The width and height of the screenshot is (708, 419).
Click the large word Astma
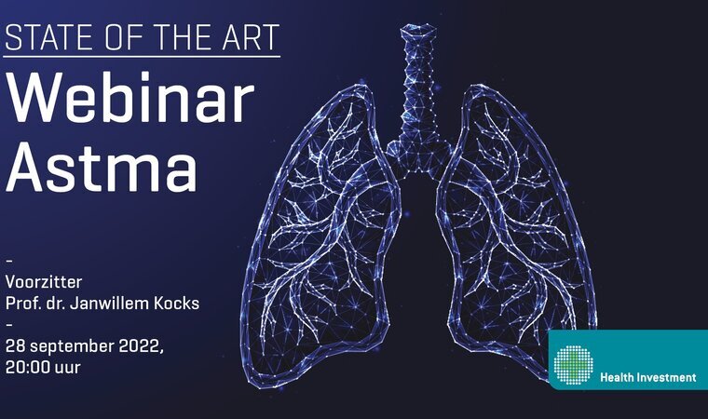(x=102, y=167)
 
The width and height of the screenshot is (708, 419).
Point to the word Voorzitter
(x=44, y=282)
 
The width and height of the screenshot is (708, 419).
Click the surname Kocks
(x=177, y=304)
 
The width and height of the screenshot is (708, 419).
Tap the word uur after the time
(x=67, y=369)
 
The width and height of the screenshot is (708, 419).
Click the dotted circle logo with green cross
(x=574, y=365)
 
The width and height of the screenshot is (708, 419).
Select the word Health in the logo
(x=617, y=377)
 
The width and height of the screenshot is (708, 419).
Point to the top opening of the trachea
(x=418, y=30)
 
